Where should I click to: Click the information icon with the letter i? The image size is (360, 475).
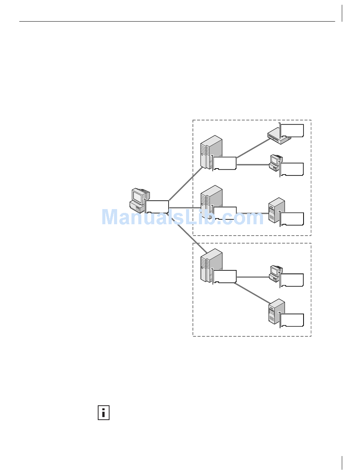coord(103,412)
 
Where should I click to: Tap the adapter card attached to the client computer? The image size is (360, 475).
coord(157,207)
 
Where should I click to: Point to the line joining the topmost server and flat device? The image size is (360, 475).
coord(252,148)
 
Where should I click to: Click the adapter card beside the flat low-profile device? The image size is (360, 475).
coord(292,131)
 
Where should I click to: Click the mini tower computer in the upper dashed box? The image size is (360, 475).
coord(276,209)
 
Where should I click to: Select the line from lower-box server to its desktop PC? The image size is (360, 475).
coord(252,277)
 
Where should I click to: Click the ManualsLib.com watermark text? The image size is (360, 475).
coord(182,217)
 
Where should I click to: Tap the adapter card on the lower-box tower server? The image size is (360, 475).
coord(225,277)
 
